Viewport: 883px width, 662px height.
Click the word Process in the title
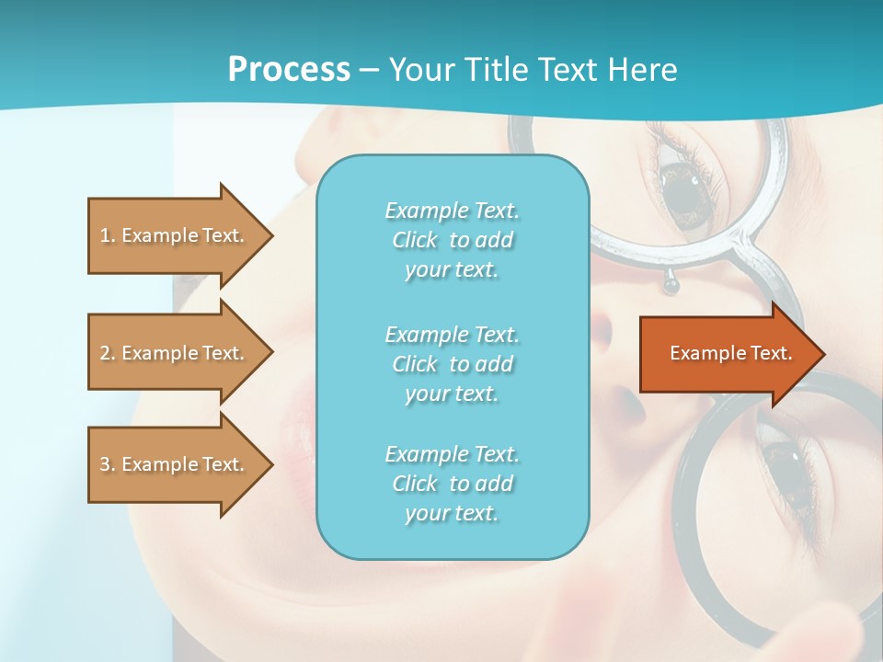(289, 70)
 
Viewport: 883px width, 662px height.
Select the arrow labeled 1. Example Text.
(175, 235)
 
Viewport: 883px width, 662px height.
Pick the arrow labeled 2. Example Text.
(175, 353)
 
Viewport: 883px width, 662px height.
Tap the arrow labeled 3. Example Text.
(175, 464)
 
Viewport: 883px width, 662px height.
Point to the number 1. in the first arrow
(107, 235)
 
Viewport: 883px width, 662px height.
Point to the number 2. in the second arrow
(107, 353)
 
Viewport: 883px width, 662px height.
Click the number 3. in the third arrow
(107, 464)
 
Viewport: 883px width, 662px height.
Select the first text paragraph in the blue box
(452, 240)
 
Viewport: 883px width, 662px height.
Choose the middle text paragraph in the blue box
(452, 364)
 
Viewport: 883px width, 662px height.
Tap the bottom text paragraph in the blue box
(452, 484)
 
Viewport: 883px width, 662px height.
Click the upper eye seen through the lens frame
(685, 188)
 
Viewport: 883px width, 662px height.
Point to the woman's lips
(299, 432)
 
